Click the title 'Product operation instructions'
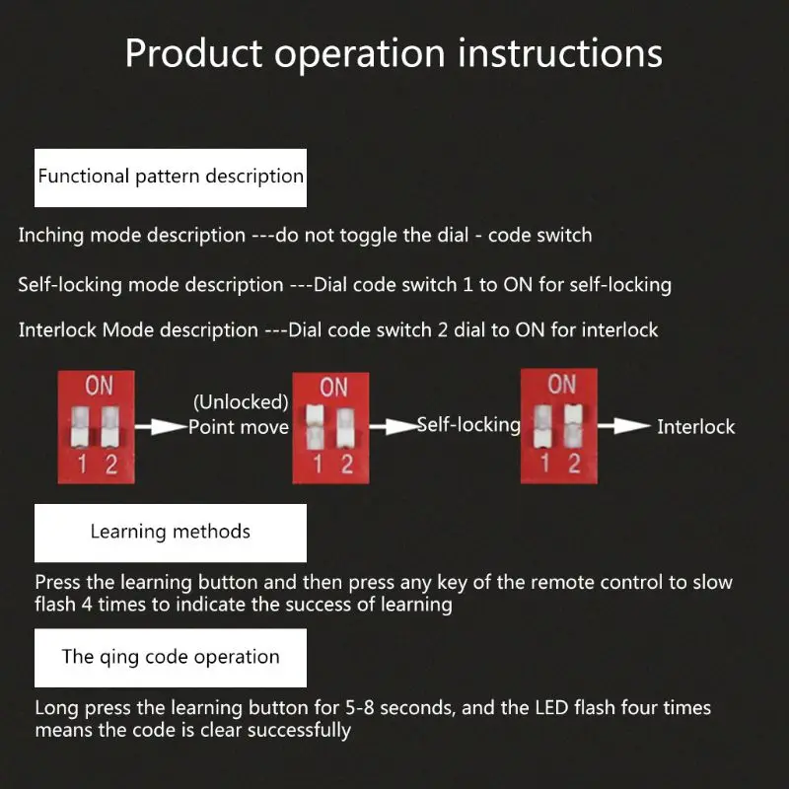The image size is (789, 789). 394,53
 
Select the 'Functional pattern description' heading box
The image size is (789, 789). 171,178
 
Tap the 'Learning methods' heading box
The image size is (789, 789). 171,533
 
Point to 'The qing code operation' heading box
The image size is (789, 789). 171,658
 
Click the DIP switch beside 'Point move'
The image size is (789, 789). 100,424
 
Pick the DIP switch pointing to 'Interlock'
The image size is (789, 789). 559,424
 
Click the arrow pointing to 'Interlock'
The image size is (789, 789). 624,426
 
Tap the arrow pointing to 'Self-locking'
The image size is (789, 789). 396,426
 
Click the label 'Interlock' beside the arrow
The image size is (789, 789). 696,427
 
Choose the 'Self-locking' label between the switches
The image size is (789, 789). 468,425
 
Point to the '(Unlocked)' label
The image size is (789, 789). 241,402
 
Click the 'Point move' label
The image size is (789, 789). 239,427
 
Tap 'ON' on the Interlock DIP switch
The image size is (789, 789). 561,384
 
